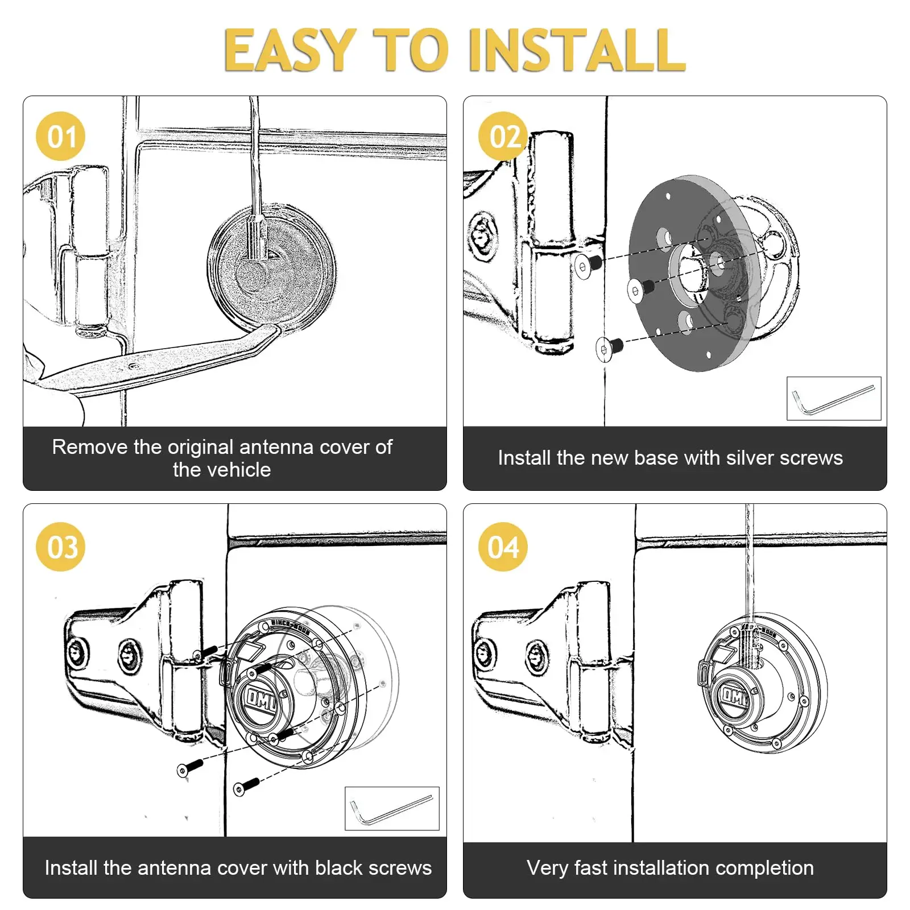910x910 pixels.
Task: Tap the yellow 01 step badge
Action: click(61, 136)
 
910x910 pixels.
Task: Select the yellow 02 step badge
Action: click(503, 136)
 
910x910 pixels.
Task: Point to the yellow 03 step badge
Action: click(61, 547)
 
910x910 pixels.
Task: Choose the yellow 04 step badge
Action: click(503, 547)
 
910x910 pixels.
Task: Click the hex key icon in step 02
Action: click(833, 399)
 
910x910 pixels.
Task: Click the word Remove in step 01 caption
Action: click(90, 447)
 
